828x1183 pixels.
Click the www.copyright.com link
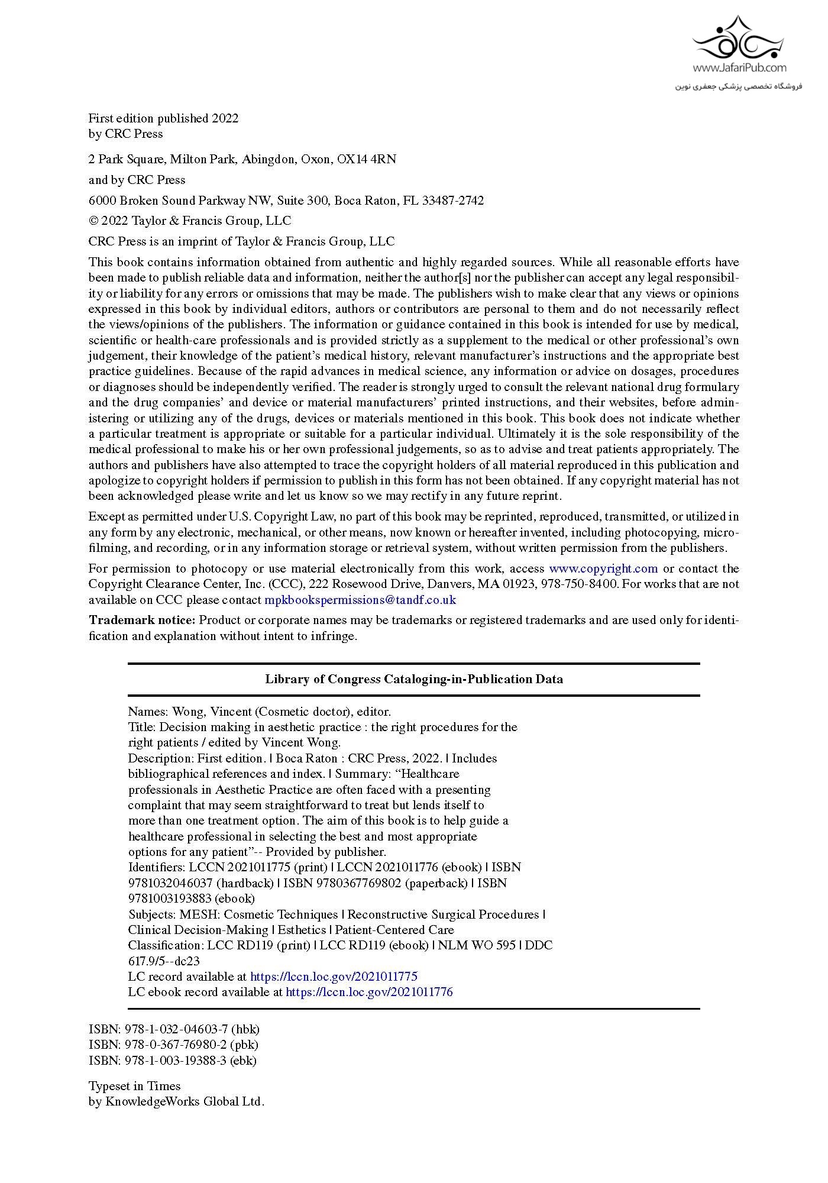603,568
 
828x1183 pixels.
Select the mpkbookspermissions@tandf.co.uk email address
360,600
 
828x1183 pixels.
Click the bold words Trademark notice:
142,620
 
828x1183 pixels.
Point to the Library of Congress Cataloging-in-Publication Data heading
414,679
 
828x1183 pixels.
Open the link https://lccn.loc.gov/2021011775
334,977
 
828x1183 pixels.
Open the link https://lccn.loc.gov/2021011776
369,992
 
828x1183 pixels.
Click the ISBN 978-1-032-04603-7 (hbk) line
174,1029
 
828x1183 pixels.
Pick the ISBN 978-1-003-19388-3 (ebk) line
173,1060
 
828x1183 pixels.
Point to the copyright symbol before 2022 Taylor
93,221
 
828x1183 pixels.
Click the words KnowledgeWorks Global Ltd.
185,1101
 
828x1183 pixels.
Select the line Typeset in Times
135,1086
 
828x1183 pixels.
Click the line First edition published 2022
164,118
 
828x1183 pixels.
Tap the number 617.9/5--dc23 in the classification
164,961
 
